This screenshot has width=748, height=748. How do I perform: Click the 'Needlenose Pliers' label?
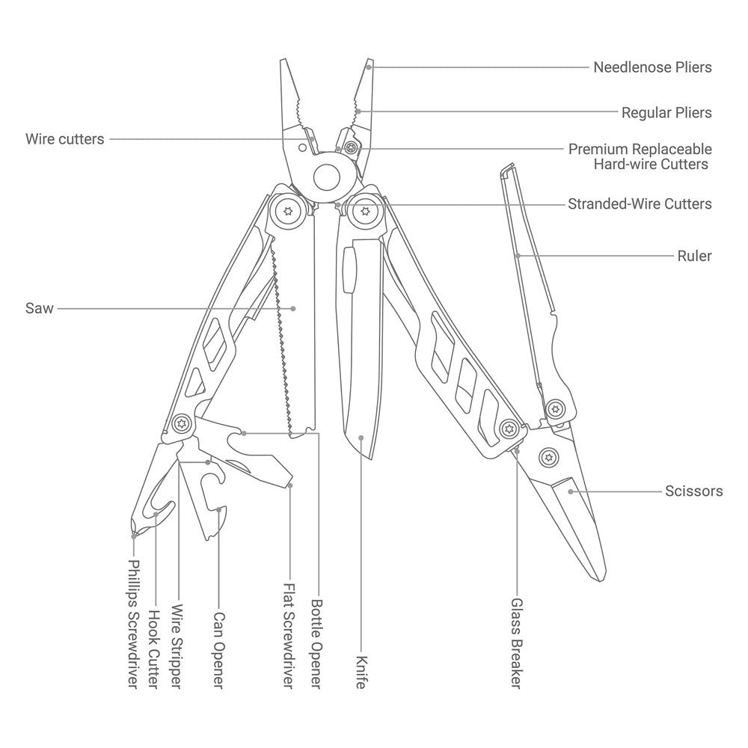652,67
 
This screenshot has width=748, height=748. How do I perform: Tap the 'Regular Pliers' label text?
666,113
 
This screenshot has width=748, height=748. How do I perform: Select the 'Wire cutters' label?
64,139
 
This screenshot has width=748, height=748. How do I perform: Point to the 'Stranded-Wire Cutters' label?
640,203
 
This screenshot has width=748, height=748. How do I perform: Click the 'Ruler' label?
695,256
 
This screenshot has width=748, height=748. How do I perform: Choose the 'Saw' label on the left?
39,308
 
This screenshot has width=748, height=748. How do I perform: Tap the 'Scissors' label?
693,491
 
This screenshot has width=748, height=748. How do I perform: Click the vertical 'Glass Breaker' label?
517,643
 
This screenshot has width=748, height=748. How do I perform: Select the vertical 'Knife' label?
361,672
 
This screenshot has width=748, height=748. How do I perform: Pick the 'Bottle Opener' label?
316,643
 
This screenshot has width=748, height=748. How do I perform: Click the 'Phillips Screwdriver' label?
134,624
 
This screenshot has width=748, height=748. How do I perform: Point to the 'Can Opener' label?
218,650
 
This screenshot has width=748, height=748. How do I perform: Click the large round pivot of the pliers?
327,177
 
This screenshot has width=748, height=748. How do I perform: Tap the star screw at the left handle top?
288,211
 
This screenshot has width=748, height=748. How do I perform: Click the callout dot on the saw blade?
293,309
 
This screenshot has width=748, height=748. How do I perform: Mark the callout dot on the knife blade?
361,438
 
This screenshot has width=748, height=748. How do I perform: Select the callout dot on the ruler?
518,256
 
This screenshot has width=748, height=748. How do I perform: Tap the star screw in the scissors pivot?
548,458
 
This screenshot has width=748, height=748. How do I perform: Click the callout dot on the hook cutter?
156,515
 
